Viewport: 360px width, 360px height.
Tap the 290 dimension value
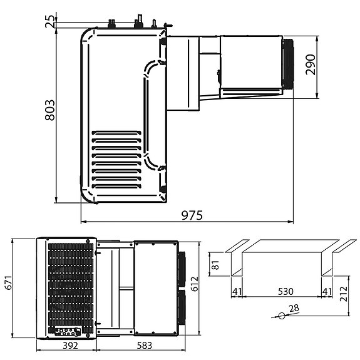[x=311, y=64]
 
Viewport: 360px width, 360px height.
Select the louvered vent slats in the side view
[x=116, y=160]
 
